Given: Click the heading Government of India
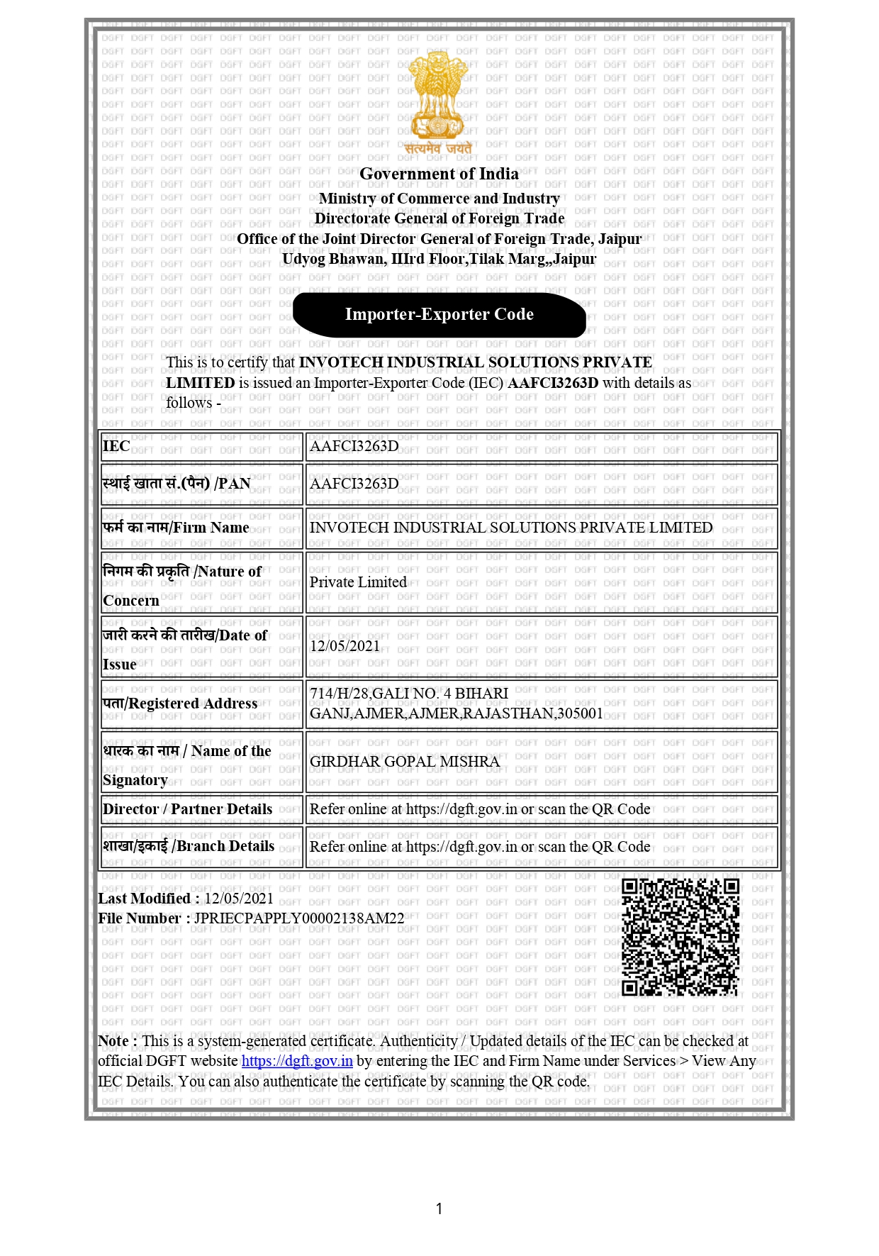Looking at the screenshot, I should click(439, 174).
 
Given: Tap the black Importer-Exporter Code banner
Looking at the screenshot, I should click(439, 315).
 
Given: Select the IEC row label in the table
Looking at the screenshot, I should click(117, 446).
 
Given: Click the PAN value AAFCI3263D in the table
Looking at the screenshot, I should click(354, 484).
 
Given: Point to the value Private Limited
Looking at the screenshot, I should click(358, 582).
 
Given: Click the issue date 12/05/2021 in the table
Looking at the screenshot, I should click(345, 646).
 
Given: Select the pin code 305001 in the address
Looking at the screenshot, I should click(580, 713).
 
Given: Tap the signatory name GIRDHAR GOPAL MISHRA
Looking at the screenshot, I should click(404, 762).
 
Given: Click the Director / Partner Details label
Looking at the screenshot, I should click(187, 809).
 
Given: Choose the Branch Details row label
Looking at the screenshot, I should click(189, 846).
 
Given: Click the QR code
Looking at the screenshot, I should click(680, 937).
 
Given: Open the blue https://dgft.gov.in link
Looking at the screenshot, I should click(297, 1061).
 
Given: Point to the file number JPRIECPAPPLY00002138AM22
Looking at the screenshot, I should click(298, 918).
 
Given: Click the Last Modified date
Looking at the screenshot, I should click(239, 899).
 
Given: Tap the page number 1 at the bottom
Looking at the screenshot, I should click(439, 1208).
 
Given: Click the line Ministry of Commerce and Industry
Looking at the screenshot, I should click(439, 199).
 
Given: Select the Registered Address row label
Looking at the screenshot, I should click(180, 704).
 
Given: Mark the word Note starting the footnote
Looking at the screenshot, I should click(113, 1041).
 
